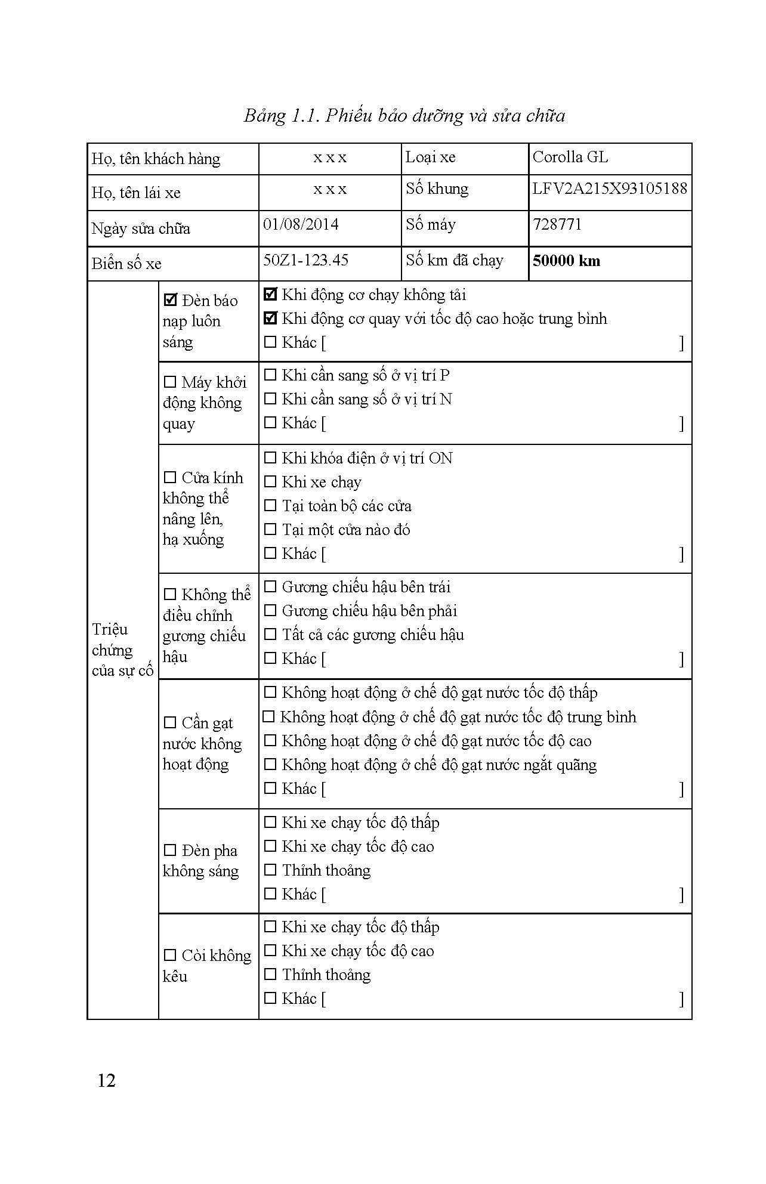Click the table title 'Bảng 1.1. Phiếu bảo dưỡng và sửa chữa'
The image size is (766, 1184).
click(x=404, y=115)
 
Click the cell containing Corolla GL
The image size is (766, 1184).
click(x=570, y=157)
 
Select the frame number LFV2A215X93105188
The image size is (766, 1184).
click(x=609, y=188)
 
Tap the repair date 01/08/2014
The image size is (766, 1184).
click(x=301, y=224)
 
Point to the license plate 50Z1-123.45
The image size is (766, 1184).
click(x=305, y=260)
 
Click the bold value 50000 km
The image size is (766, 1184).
click(x=566, y=261)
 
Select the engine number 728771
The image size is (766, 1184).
click(x=557, y=224)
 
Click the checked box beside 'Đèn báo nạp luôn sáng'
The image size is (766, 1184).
click(x=171, y=299)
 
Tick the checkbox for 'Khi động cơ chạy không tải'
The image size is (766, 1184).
click(x=270, y=294)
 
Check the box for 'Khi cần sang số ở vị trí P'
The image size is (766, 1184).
click(x=270, y=375)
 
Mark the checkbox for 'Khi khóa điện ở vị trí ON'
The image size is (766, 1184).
click(x=270, y=458)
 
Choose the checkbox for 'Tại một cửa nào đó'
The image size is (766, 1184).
click(x=270, y=530)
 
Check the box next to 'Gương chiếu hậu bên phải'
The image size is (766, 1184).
click(x=270, y=611)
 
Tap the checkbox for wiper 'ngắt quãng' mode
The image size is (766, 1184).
click(x=270, y=765)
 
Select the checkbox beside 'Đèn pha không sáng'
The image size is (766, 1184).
click(x=170, y=851)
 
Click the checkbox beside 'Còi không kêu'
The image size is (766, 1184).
click(x=170, y=956)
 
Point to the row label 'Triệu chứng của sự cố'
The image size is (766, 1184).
click(x=122, y=650)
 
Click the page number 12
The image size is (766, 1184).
click(x=106, y=1080)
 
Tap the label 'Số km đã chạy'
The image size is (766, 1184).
click(x=454, y=260)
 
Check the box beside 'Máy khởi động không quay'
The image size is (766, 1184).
click(x=170, y=382)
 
